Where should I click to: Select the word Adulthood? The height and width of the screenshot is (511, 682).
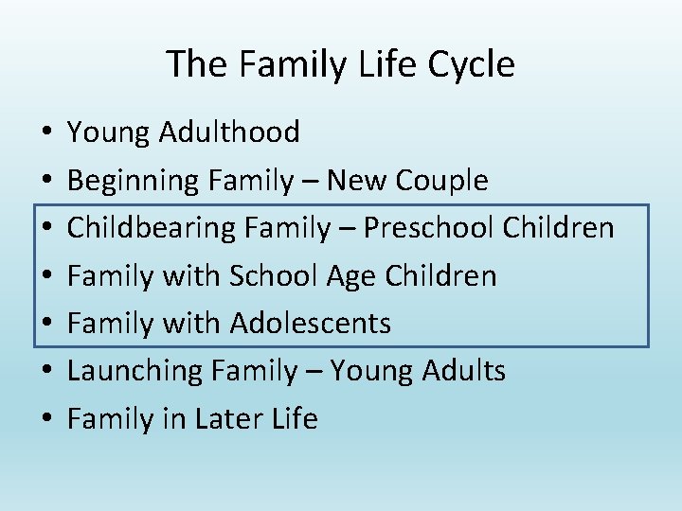[229, 132]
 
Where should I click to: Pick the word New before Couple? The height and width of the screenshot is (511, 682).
[360, 180]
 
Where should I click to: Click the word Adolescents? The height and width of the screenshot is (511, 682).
[311, 323]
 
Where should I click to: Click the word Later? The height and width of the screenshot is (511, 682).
[225, 418]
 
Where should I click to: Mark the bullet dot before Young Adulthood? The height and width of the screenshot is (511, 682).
[46, 132]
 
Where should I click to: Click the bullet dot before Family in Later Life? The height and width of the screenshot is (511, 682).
[46, 419]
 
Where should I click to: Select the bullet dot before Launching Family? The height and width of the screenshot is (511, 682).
[46, 372]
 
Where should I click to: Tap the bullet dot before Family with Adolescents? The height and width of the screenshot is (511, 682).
[46, 324]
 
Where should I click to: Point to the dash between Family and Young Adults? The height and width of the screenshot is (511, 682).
[311, 372]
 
